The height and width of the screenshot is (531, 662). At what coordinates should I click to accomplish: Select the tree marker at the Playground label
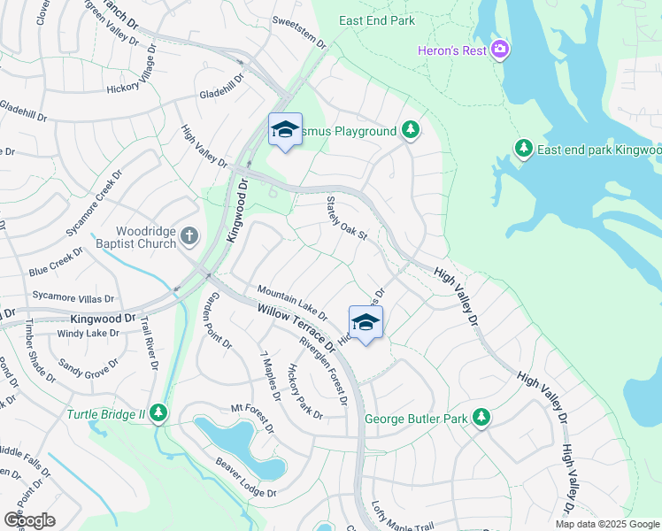point(410,131)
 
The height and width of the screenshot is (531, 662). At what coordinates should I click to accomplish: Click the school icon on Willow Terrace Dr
point(366,322)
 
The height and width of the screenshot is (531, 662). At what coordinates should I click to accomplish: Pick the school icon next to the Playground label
point(285,130)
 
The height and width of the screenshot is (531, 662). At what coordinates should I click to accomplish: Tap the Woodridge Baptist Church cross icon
point(189,235)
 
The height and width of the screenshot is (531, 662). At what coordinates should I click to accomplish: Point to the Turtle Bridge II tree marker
point(158,412)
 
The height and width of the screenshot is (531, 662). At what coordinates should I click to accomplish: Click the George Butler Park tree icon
point(481,415)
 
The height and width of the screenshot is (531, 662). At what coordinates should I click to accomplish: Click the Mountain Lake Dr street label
point(292,303)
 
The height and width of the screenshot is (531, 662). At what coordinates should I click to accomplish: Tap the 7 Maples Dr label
point(270,376)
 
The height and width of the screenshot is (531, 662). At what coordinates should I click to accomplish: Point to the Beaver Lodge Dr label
point(247,478)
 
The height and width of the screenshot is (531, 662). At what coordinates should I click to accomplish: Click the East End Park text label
point(378,20)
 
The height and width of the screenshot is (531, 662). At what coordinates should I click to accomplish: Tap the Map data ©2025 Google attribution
point(607,524)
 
